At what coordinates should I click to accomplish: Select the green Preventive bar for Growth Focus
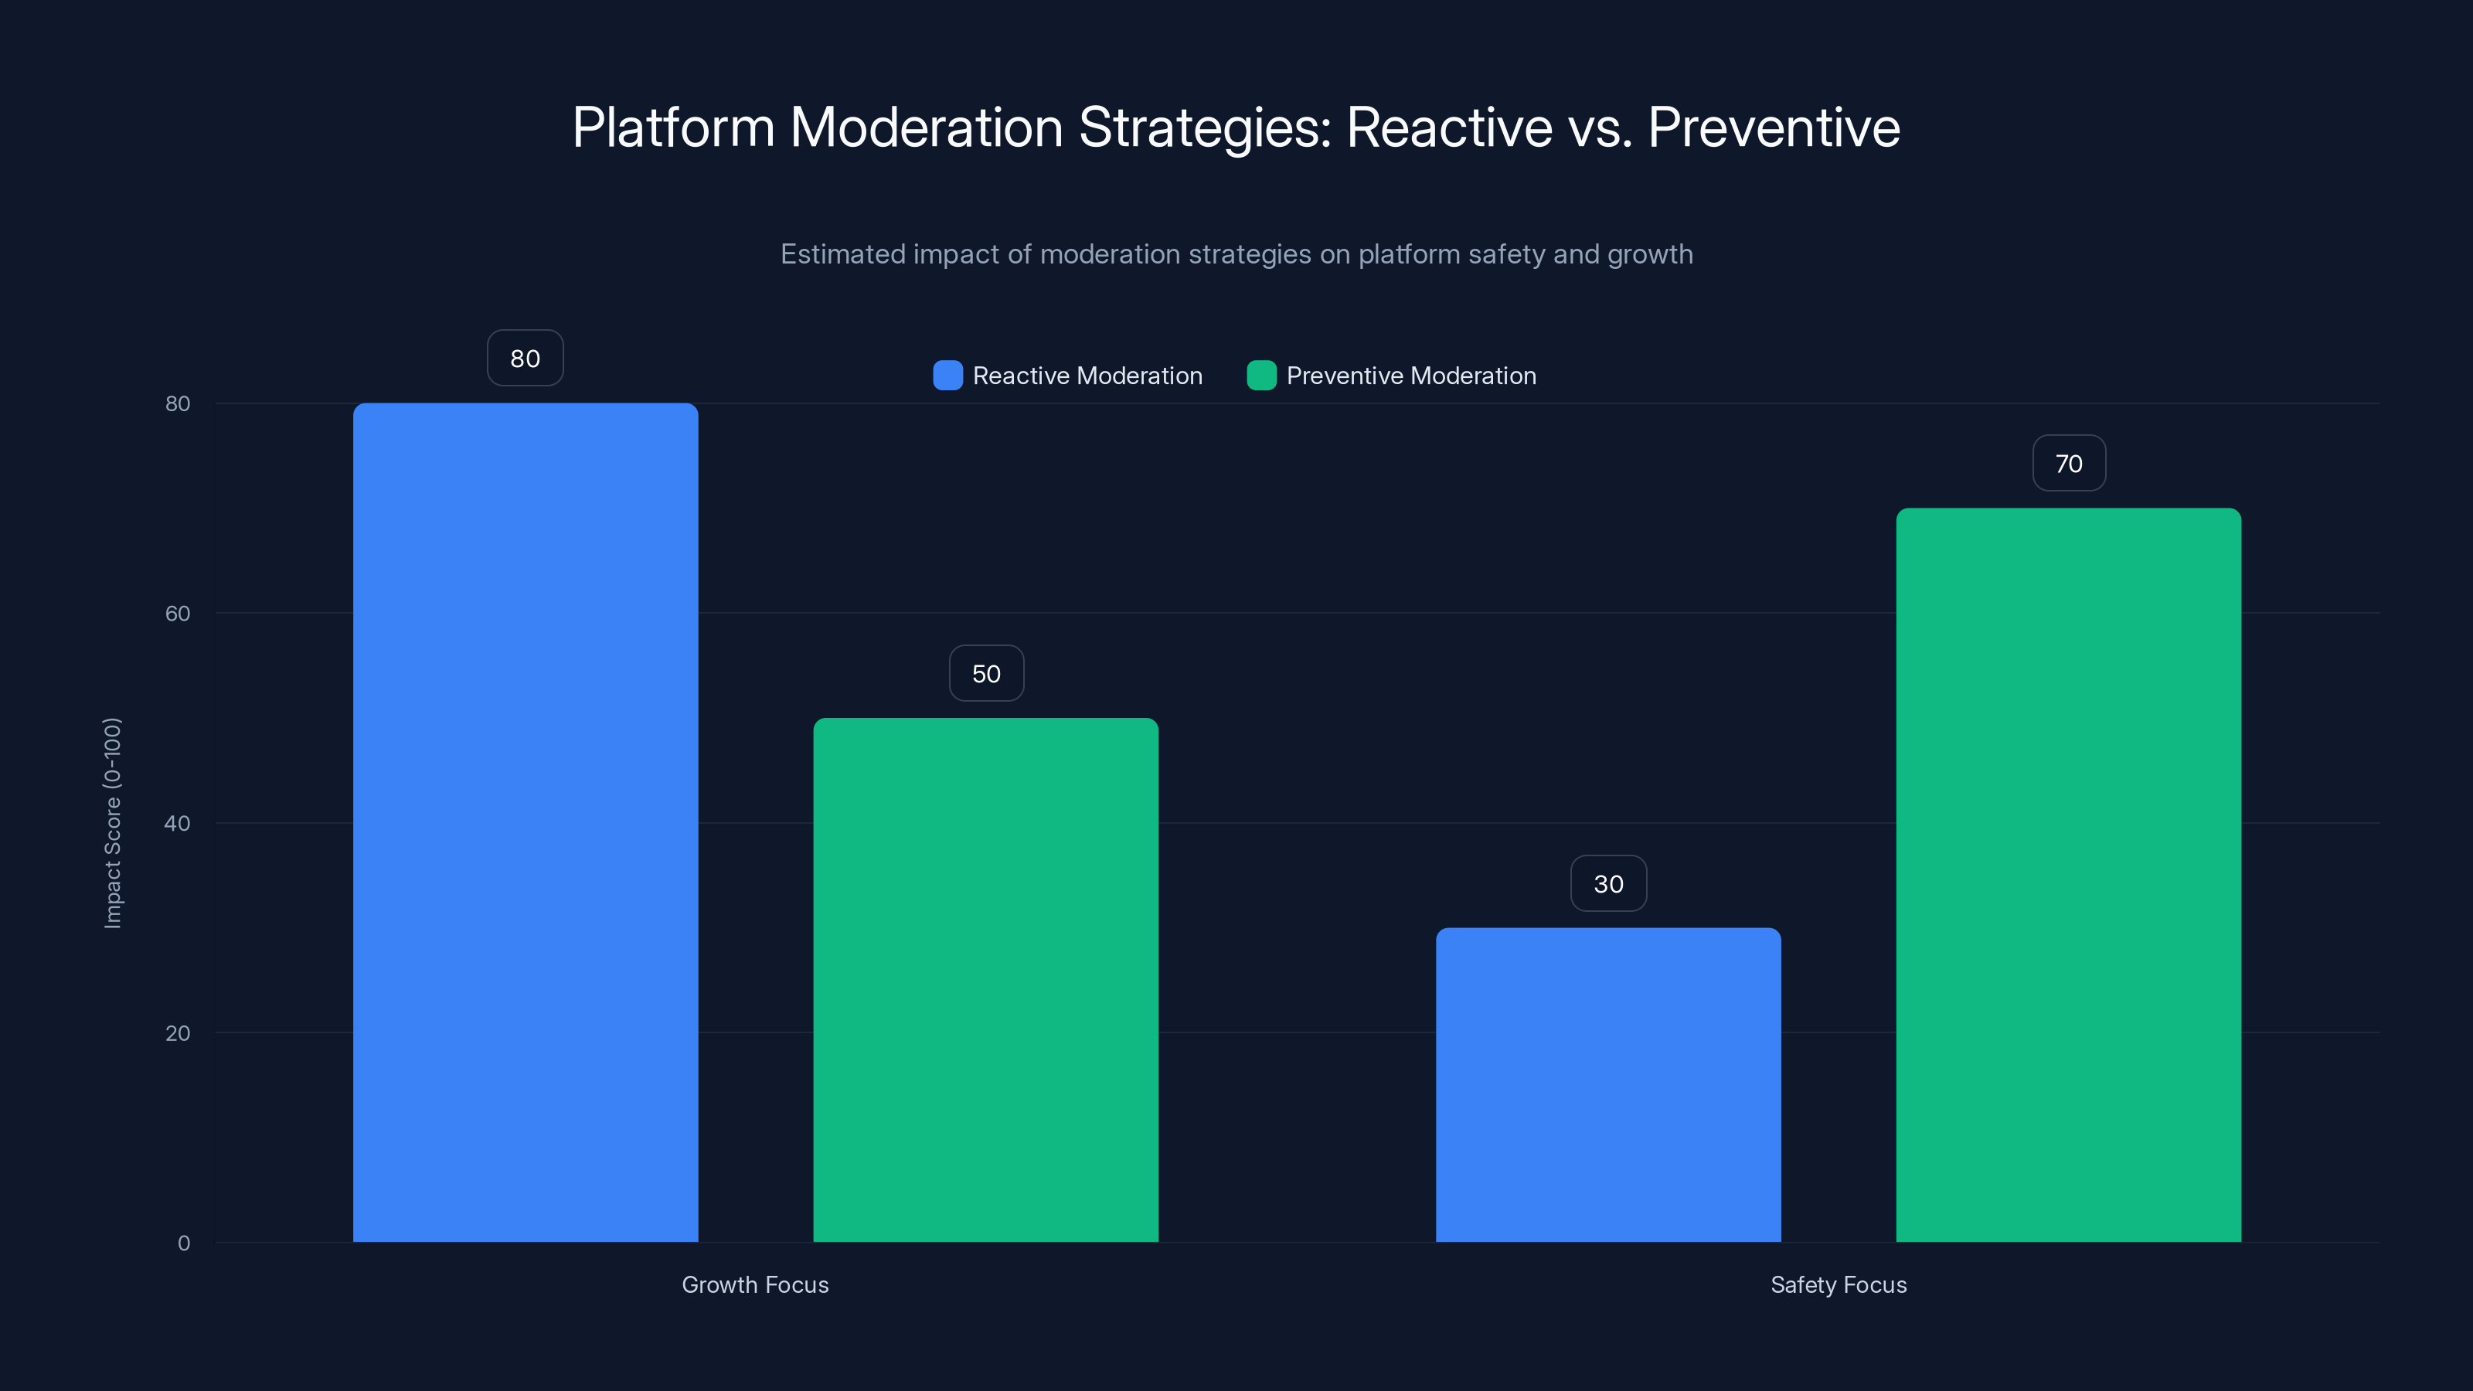coord(986,979)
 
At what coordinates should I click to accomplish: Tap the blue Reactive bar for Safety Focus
coord(1608,1085)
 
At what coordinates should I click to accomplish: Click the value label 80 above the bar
coord(526,358)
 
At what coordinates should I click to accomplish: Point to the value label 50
coord(986,674)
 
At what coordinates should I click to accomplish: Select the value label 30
coord(1608,884)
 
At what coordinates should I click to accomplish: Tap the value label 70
coord(2068,464)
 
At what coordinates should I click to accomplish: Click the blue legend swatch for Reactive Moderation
coord(947,376)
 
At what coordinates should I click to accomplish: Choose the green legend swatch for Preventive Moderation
coord(1260,376)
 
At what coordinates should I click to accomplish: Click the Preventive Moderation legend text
coord(1410,376)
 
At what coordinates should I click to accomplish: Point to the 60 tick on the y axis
coord(178,614)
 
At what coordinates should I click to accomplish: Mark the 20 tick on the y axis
coord(178,1033)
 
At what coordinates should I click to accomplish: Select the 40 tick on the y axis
coord(178,823)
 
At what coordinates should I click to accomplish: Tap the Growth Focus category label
coord(754,1284)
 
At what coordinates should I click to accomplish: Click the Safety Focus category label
coord(1838,1284)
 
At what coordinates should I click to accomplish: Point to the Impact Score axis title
coord(112,823)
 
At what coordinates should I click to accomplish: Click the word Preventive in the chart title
coord(1773,128)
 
